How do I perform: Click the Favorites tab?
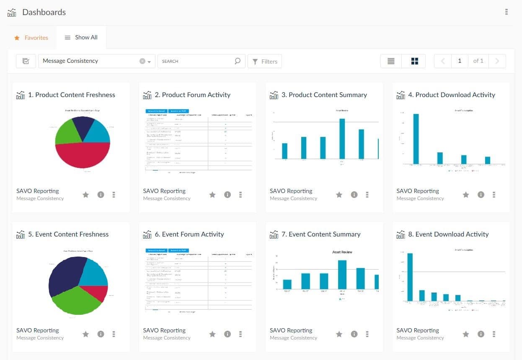(x=31, y=38)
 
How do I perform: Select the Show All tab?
(x=81, y=37)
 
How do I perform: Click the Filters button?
(x=265, y=61)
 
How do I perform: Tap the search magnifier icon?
(x=238, y=61)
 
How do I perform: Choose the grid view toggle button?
(x=414, y=61)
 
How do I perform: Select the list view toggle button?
(x=391, y=61)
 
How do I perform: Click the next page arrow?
(x=497, y=61)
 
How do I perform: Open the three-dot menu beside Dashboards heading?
(x=506, y=12)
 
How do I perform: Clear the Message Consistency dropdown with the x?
(x=142, y=61)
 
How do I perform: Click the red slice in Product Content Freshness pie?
(x=83, y=155)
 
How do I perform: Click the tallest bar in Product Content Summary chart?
(x=342, y=139)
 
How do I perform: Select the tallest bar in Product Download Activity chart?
(x=416, y=139)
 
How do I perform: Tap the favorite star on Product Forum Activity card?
(x=212, y=195)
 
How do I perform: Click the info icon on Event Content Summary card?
(x=354, y=334)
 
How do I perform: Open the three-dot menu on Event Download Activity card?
(x=494, y=334)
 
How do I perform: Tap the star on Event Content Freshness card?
(x=86, y=334)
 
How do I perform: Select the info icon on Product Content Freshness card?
(x=101, y=195)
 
